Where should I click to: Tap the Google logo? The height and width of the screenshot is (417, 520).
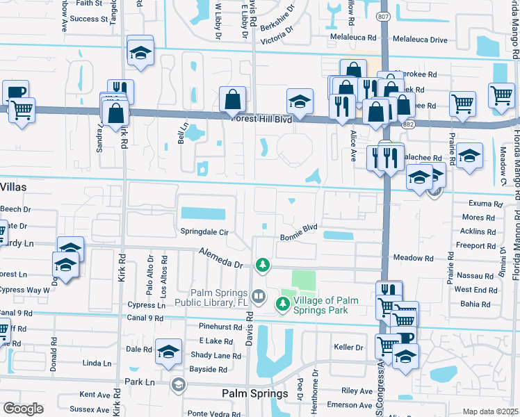pyautogui.click(x=24, y=409)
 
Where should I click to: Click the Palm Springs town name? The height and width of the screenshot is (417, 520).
pyautogui.click(x=254, y=394)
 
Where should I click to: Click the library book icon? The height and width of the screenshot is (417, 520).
pyautogui.click(x=259, y=297)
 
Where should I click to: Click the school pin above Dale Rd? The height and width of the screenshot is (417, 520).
pyautogui.click(x=168, y=352)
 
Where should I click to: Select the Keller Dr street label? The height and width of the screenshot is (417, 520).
pyautogui.click(x=348, y=347)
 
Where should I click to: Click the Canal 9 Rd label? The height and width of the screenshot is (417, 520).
pyautogui.click(x=145, y=318)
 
